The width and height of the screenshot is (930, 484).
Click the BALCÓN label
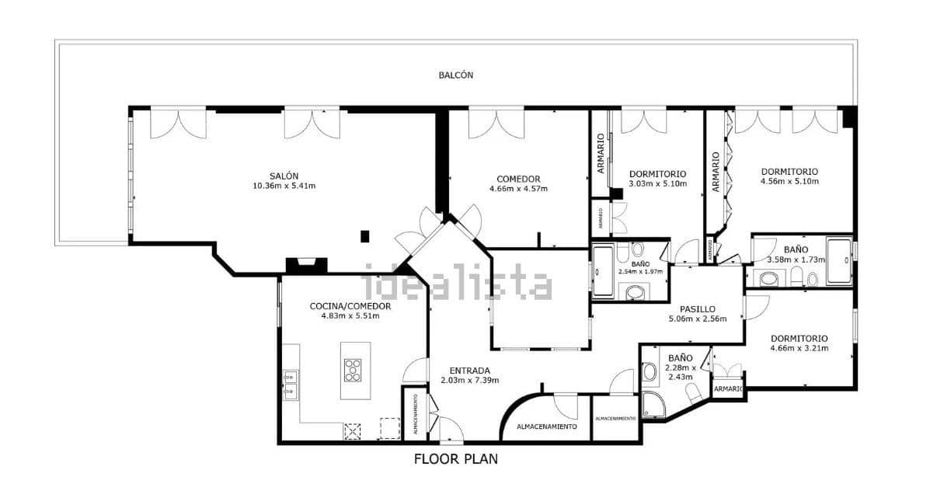(455, 75)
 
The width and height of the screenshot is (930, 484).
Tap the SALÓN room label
(284, 176)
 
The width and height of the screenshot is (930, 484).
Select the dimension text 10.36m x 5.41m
(284, 186)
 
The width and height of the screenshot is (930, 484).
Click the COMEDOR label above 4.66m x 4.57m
(518, 179)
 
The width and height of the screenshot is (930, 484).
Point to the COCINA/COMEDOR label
(350, 306)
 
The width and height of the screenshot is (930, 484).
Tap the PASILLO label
(697, 308)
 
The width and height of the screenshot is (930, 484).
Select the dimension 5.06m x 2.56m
(697, 319)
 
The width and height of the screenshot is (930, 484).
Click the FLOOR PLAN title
(455, 459)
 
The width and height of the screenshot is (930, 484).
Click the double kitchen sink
(291, 384)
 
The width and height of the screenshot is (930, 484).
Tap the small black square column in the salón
(364, 235)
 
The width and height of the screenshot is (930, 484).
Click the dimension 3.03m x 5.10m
(657, 184)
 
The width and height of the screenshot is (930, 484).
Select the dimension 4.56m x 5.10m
(789, 182)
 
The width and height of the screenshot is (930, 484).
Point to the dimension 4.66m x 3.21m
(799, 348)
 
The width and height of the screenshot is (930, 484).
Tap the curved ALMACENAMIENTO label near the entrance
(547, 427)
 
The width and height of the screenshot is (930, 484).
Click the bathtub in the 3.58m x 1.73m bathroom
(838, 262)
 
